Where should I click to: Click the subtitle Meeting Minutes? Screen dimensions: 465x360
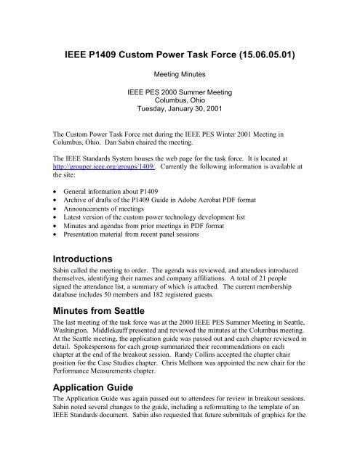coord(180,74)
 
